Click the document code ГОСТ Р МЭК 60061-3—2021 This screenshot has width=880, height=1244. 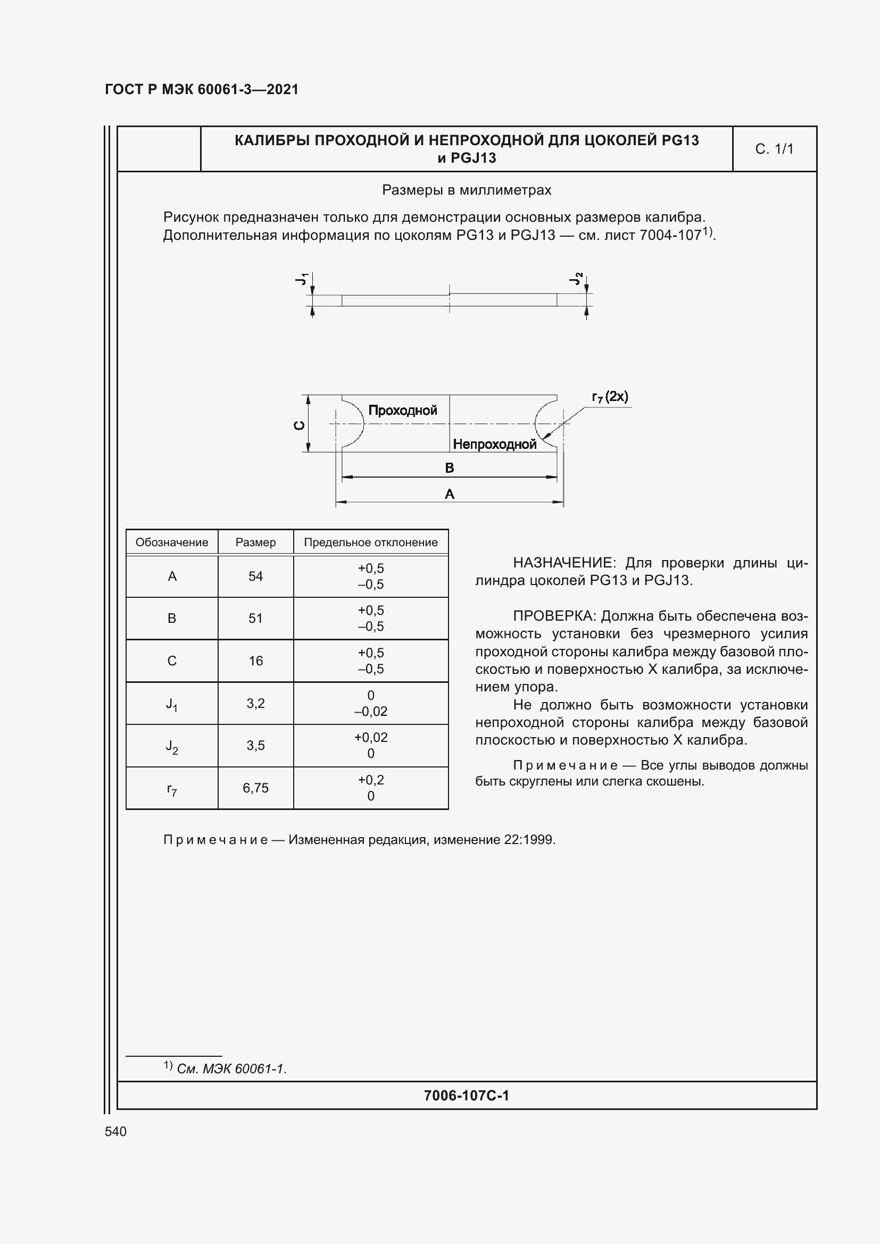(x=202, y=89)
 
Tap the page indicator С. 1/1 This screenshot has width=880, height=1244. (x=774, y=149)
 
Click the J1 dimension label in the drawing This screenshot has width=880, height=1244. (x=302, y=279)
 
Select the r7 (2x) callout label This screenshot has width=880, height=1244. (x=610, y=397)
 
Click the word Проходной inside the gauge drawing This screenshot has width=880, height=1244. (x=403, y=410)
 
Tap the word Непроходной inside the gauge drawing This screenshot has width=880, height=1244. (x=494, y=444)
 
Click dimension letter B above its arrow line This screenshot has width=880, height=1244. (x=449, y=467)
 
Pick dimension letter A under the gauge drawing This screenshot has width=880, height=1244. (x=449, y=494)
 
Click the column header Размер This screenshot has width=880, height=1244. (x=255, y=542)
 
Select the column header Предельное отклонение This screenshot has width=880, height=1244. (x=371, y=542)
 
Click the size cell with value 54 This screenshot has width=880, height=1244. (x=255, y=577)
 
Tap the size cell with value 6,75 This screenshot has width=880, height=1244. (x=255, y=788)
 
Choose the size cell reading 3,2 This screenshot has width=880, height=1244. (x=255, y=703)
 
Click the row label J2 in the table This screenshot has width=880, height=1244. (x=172, y=747)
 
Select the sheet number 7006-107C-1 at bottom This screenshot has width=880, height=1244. (x=466, y=1096)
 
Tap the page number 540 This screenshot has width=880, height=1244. (x=115, y=1131)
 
